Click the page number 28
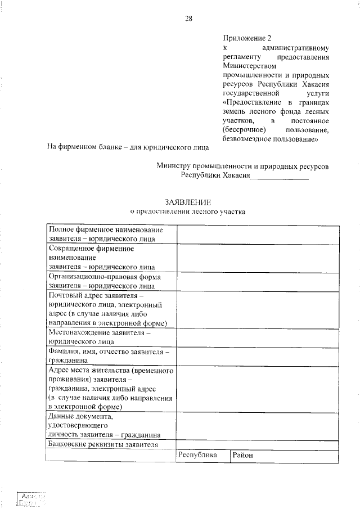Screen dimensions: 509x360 [x=189, y=18]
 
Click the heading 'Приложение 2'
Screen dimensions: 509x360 [x=247, y=38]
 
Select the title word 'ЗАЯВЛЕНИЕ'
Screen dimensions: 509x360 [x=188, y=202]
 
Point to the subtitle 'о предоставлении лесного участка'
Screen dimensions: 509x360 [x=188, y=211]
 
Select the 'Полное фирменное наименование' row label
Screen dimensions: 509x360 [x=111, y=234]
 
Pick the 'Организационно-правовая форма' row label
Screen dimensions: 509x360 [x=111, y=281]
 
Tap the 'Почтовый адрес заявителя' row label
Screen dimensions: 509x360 [x=111, y=309]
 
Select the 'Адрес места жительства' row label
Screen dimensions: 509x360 [x=111, y=388]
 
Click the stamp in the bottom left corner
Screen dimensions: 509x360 [x=31, y=498]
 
